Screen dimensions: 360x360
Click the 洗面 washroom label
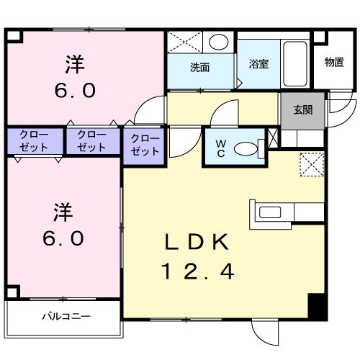(199, 68)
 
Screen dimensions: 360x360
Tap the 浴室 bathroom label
(259, 63)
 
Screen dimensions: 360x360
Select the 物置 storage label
(333, 62)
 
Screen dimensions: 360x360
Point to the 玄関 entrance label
(302, 110)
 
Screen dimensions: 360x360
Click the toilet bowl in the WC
(247, 149)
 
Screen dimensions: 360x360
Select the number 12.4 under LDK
(197, 272)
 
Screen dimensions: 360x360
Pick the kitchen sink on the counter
(271, 212)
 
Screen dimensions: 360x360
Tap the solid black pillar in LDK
(318, 307)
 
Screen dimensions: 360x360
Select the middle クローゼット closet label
(91, 140)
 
